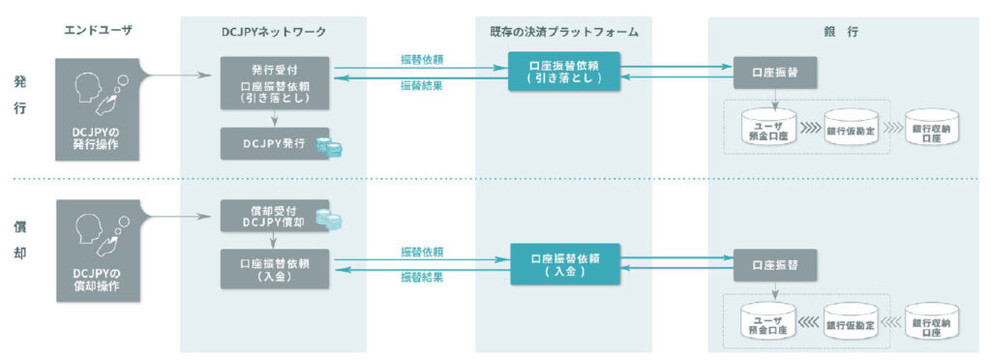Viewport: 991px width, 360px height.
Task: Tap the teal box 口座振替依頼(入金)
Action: (x=564, y=264)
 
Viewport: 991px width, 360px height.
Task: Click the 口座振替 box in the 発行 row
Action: (x=772, y=72)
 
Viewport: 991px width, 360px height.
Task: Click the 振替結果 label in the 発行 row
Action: (x=422, y=86)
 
